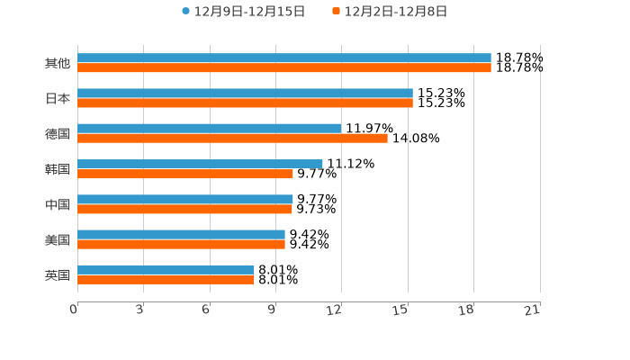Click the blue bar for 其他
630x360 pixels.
coord(284,58)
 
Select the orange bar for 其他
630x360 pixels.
coord(284,67)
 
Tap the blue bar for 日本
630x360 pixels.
coord(245,94)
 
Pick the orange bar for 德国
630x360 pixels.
coord(232,138)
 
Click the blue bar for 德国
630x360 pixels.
coord(210,129)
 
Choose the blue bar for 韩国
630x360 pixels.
coord(200,164)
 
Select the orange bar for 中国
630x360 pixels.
coord(184,209)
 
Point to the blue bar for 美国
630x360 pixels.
coord(181,235)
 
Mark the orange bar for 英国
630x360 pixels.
coord(166,280)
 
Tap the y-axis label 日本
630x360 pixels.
coord(58,98)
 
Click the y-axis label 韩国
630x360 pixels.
coord(58,169)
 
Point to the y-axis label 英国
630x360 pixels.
coord(58,275)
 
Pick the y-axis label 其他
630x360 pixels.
coord(58,63)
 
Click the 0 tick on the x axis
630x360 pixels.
coord(75,310)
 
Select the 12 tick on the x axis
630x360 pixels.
coord(335,310)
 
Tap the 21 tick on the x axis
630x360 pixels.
coord(533,310)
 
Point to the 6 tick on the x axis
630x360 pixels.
coord(206,310)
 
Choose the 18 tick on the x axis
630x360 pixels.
coord(467,310)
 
